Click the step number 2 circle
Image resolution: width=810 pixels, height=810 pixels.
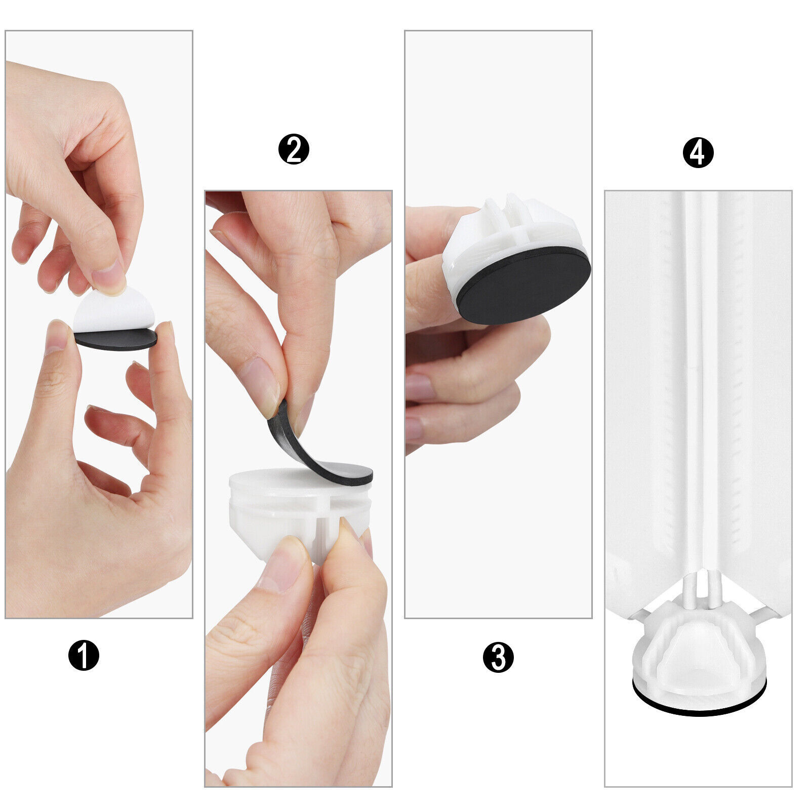(x=294, y=149)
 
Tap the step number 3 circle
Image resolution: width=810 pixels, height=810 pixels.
(x=498, y=657)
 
